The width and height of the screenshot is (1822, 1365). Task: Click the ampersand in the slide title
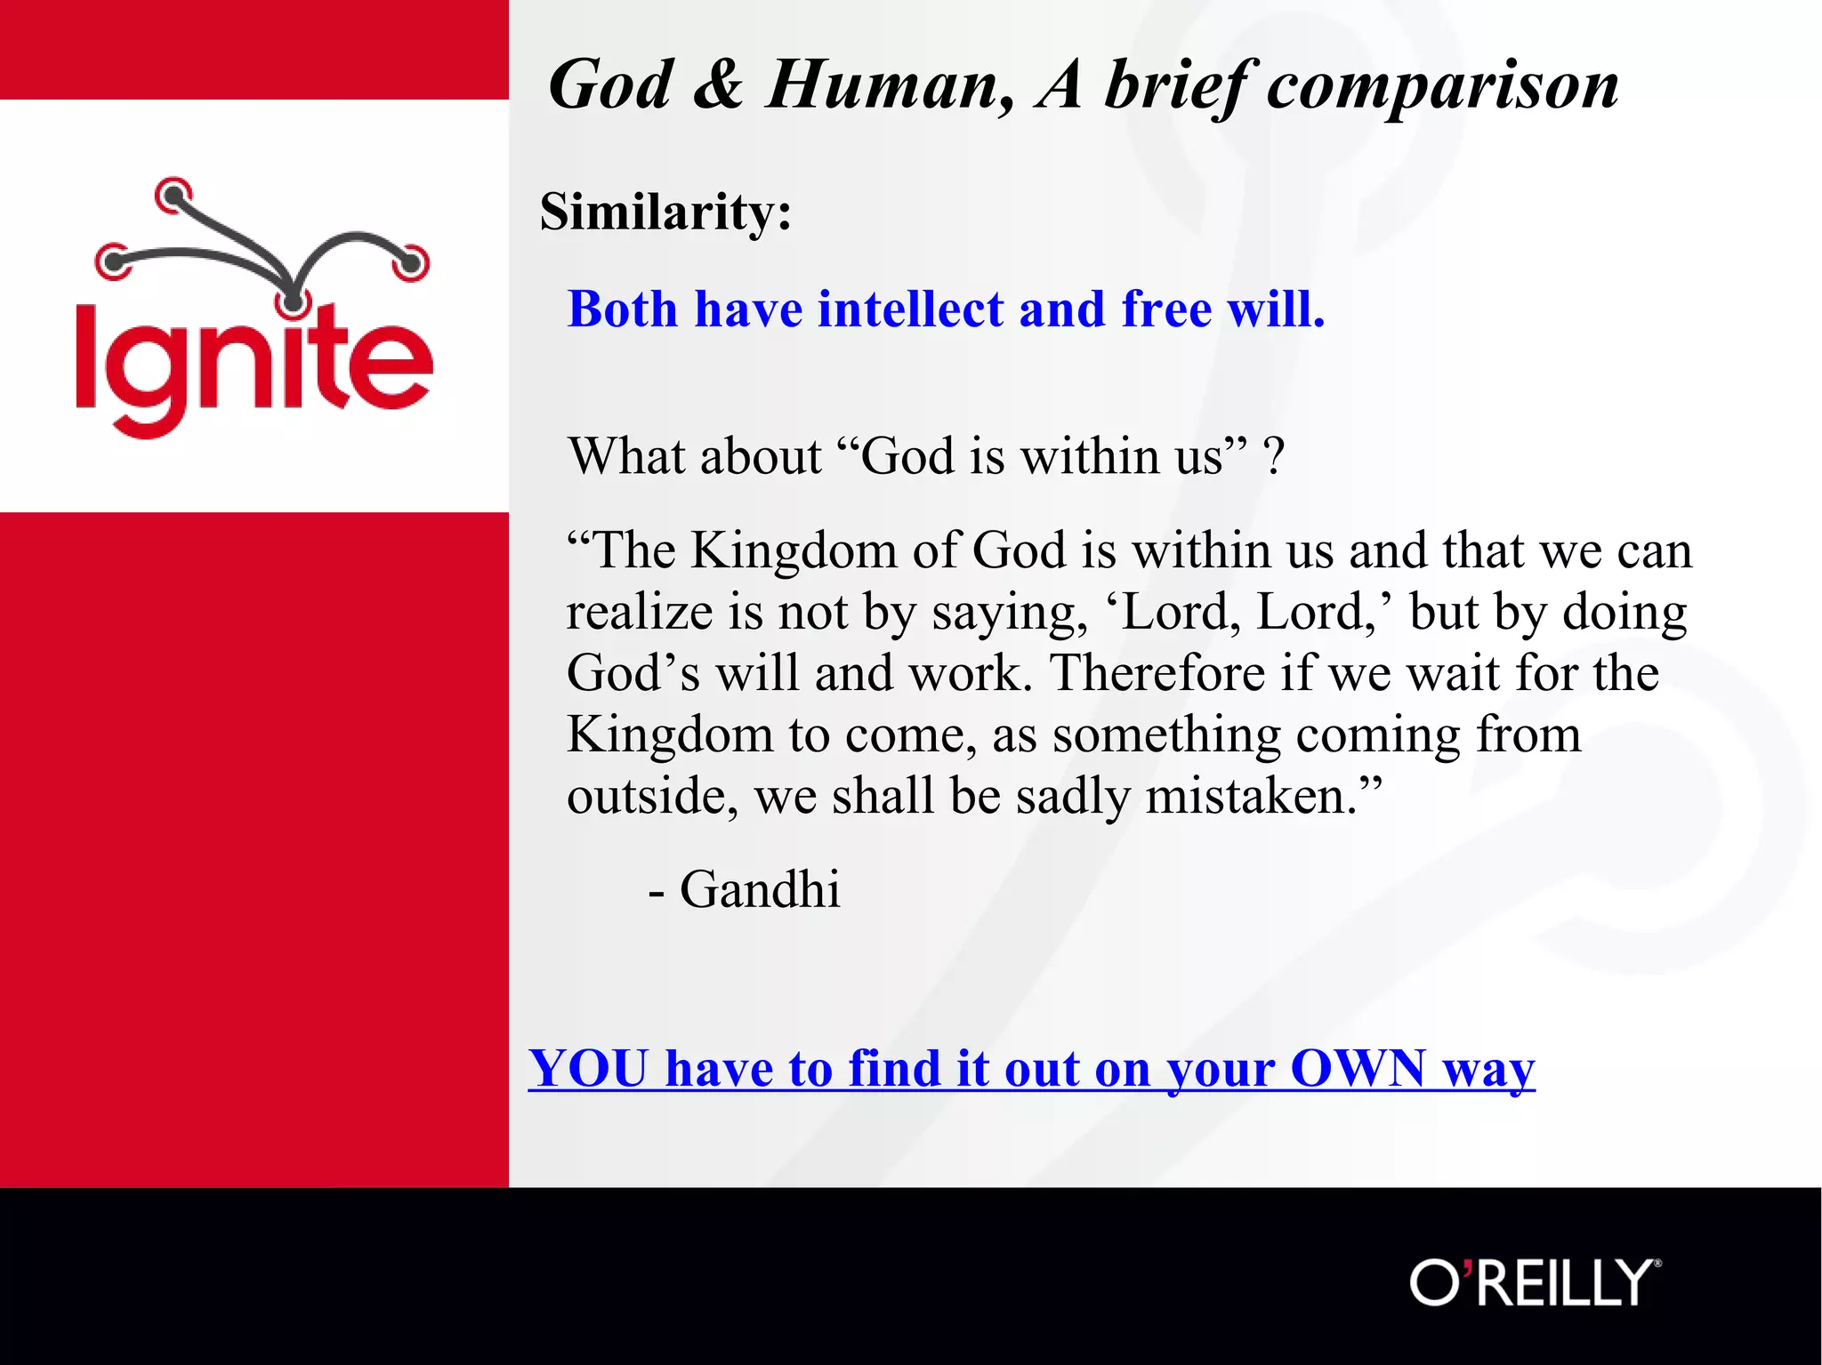point(717,85)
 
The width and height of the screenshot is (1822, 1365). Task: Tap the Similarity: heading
point(665,212)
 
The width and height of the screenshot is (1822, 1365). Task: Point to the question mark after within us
point(1274,457)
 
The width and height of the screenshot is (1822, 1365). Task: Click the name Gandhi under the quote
point(760,889)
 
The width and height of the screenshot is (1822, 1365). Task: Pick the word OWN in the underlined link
point(1358,1068)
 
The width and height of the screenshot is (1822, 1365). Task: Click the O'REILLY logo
point(1535,1282)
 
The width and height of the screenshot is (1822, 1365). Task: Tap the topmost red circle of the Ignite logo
point(173,195)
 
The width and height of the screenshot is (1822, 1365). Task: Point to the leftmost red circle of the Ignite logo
point(113,261)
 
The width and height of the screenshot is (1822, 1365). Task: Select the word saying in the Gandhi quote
point(1009,612)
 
